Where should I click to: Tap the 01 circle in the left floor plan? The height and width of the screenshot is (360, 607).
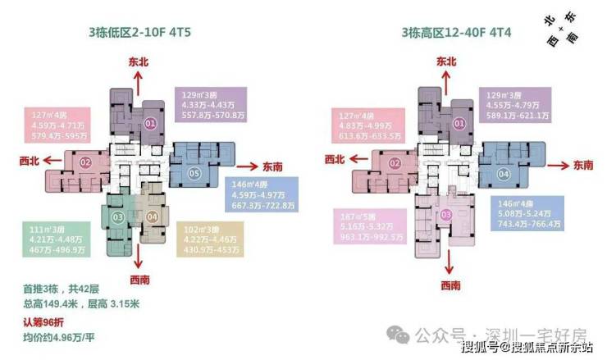coord(150,123)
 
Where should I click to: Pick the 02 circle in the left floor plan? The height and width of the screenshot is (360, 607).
coord(85,162)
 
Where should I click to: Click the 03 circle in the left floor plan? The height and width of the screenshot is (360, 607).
coord(118,216)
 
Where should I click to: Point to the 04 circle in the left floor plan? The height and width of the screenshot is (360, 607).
coord(151,216)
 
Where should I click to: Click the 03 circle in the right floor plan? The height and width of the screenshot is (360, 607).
coord(446,215)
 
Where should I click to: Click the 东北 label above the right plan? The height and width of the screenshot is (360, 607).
coord(445,61)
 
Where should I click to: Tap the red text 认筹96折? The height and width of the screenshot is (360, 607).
coord(48,321)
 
